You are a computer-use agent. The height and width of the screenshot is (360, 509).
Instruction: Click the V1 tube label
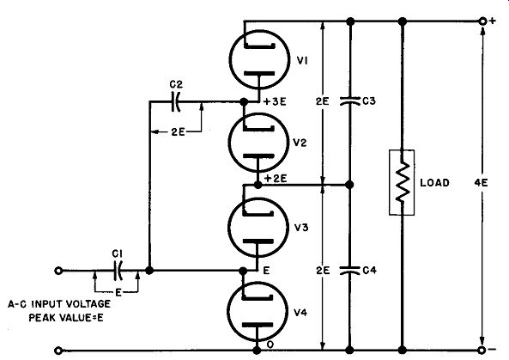(x=302, y=61)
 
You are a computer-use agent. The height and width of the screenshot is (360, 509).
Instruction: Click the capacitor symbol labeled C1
(x=118, y=270)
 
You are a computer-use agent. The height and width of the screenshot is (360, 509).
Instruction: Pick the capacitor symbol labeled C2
(x=176, y=101)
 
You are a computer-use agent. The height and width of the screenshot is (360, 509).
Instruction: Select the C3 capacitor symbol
(x=350, y=101)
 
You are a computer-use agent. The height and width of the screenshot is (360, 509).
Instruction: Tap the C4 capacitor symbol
(x=350, y=271)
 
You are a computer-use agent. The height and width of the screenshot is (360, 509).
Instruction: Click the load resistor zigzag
(x=403, y=182)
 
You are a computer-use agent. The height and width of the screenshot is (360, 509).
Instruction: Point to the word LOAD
(x=434, y=183)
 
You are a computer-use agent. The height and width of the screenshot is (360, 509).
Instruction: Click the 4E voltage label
(x=481, y=183)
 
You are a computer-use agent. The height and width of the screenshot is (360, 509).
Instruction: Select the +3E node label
(x=275, y=101)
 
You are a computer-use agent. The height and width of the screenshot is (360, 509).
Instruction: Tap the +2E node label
(x=276, y=179)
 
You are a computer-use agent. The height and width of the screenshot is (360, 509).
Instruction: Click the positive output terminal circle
(x=482, y=21)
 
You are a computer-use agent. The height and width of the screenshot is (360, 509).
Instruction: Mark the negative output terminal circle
(x=482, y=350)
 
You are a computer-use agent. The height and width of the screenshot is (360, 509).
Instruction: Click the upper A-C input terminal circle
(x=58, y=271)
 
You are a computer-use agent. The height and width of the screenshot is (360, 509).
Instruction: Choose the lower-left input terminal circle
(x=58, y=351)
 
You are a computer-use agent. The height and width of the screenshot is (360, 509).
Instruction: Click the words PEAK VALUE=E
(x=66, y=317)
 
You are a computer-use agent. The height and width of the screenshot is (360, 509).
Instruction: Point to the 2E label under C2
(x=178, y=132)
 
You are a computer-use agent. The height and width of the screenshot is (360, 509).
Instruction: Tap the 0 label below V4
(x=270, y=345)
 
